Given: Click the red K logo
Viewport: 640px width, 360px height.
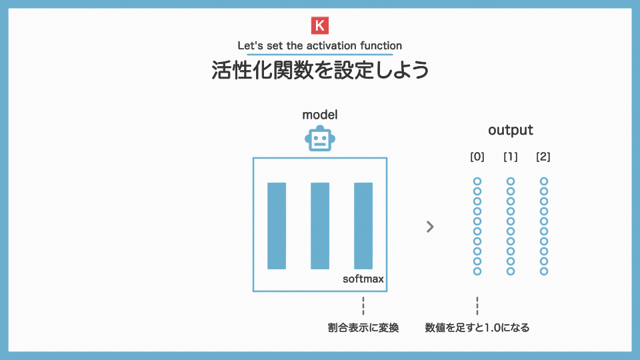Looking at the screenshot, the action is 319,25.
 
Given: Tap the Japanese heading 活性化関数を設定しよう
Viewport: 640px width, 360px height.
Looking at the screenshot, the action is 320,70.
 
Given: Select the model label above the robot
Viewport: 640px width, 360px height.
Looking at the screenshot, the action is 319,115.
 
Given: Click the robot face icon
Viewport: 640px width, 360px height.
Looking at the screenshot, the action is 320,139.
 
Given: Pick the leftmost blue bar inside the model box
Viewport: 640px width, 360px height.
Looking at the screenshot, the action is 277,226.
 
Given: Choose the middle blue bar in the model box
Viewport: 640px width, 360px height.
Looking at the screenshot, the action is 320,226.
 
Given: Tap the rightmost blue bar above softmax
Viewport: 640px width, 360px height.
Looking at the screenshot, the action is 363,226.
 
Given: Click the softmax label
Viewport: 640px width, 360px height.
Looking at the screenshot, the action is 363,279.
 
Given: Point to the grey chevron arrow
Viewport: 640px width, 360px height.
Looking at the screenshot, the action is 430,227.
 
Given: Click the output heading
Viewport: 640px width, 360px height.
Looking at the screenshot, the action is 511,130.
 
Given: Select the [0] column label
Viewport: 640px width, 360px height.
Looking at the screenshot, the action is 477,157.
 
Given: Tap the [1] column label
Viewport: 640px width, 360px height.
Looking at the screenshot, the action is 511,157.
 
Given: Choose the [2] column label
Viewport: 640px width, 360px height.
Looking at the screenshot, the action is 543,157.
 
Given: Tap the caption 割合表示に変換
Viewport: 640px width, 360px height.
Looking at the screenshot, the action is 363,328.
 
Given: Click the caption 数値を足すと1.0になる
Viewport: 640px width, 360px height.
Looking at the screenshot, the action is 477,328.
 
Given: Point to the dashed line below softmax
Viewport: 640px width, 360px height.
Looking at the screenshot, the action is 363,306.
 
